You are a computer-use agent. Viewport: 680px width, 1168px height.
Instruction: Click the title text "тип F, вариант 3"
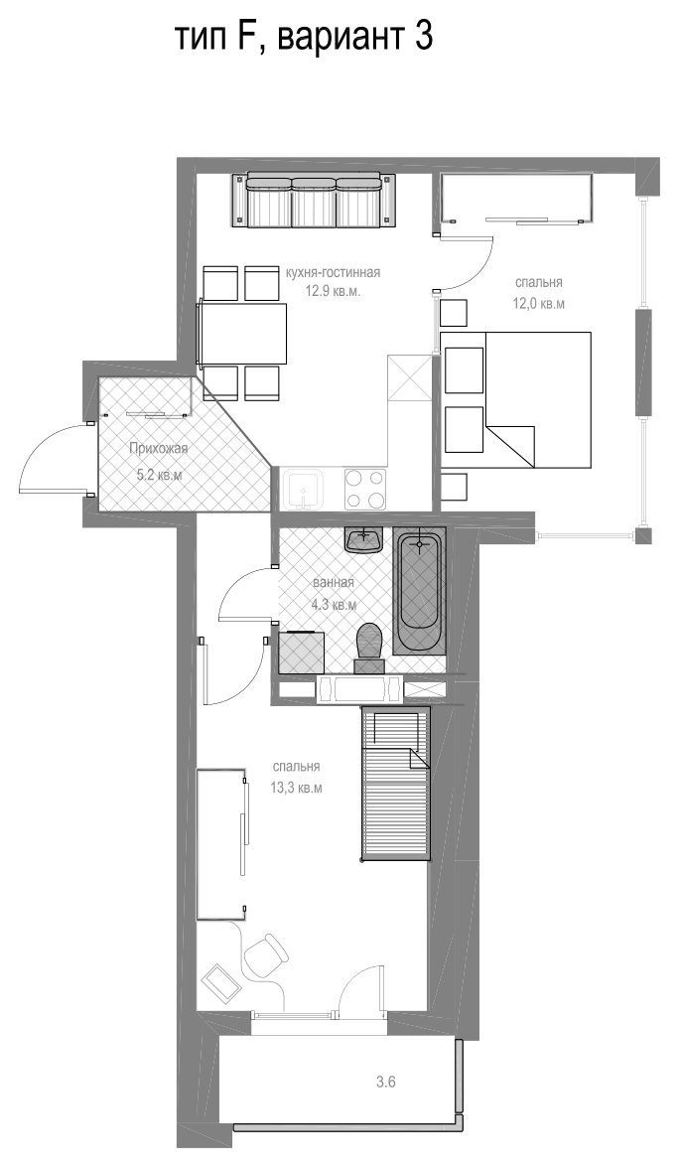click(303, 37)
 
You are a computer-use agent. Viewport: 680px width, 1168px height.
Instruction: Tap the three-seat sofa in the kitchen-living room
click(313, 200)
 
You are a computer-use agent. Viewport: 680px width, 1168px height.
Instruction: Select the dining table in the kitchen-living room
click(243, 333)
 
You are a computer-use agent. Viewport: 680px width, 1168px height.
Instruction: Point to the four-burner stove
click(365, 489)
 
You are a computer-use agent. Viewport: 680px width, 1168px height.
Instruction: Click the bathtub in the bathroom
click(419, 592)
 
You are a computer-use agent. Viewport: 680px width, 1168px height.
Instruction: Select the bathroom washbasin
click(364, 540)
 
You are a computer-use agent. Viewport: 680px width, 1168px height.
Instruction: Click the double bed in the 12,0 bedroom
click(516, 399)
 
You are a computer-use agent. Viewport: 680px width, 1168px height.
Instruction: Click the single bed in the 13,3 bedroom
click(396, 784)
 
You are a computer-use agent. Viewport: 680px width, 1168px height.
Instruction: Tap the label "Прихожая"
click(159, 449)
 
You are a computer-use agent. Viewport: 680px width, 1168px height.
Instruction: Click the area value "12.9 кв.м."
click(333, 291)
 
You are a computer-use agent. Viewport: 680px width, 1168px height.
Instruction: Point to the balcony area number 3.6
click(386, 1083)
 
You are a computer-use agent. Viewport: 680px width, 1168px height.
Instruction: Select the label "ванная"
click(334, 582)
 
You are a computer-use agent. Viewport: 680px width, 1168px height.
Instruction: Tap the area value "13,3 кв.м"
click(297, 789)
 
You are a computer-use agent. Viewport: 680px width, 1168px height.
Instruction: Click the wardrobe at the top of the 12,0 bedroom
click(517, 199)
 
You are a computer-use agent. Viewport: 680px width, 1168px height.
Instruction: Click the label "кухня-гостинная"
click(333, 272)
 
